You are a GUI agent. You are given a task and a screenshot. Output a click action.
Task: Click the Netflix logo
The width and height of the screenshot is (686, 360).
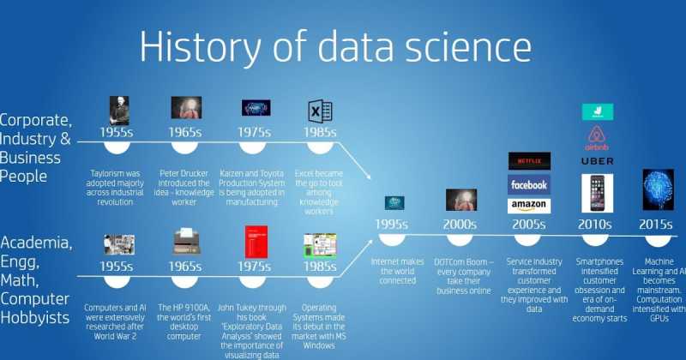(x=529, y=160)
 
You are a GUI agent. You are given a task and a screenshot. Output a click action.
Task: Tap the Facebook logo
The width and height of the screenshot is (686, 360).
(x=529, y=184)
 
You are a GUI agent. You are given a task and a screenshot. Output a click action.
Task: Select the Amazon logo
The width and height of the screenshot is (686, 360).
(x=529, y=205)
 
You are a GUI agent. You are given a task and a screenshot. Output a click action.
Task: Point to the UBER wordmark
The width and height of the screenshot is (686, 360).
(x=597, y=160)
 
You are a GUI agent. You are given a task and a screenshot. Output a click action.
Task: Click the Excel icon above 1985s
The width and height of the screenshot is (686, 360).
(x=320, y=111)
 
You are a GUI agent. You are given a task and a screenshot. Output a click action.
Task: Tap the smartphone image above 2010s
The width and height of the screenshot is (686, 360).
(x=597, y=194)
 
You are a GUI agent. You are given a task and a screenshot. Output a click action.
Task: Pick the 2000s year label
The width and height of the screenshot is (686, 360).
(x=460, y=225)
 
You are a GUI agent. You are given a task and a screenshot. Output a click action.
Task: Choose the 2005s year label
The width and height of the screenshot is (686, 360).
(x=528, y=225)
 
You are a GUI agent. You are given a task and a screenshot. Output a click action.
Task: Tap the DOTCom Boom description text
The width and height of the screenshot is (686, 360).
(x=461, y=275)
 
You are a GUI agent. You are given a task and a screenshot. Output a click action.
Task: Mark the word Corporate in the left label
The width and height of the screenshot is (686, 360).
(x=34, y=120)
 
